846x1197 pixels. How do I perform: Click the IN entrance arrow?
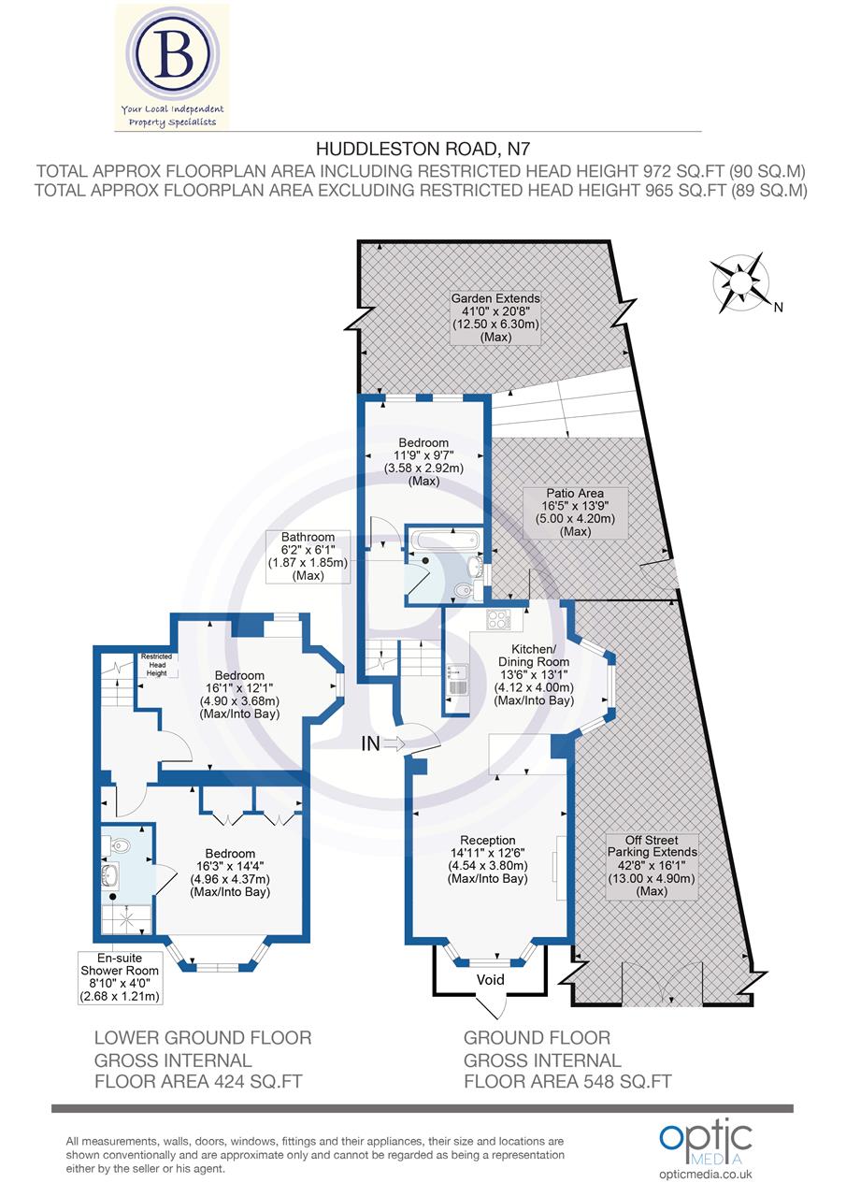pos(386,744)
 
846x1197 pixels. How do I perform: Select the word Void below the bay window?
pos(490,980)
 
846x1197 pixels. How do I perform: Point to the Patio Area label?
pos(575,512)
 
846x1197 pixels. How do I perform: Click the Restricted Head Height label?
pos(156,665)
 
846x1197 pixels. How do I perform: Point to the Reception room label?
pos(495,859)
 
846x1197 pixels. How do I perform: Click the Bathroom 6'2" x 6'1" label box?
pos(308,556)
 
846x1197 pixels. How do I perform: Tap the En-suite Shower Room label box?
pos(121,977)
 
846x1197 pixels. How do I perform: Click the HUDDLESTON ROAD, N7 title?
pos(416,148)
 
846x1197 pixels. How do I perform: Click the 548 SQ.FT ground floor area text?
pos(567,1083)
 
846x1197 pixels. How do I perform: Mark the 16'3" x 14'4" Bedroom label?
pos(230,873)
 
